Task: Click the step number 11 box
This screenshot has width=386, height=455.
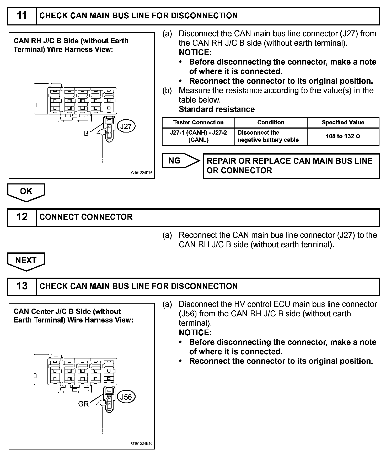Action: (22, 16)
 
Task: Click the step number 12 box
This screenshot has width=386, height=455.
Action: (22, 217)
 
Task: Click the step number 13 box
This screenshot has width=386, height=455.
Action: (22, 286)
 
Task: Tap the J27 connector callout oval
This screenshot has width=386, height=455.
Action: (126, 126)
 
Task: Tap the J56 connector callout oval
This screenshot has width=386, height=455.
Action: (126, 397)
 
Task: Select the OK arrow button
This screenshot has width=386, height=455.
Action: (26, 192)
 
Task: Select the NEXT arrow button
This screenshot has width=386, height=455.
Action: (26, 261)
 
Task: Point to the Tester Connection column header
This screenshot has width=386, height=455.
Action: (198, 123)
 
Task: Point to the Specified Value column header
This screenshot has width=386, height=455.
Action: (343, 123)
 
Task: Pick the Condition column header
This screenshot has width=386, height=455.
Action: (271, 123)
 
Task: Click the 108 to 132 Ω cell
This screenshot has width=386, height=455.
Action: (343, 136)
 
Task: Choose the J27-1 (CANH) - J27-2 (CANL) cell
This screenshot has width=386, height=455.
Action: (198, 136)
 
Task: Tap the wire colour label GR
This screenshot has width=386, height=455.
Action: (83, 404)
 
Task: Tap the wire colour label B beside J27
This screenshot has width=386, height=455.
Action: (86, 134)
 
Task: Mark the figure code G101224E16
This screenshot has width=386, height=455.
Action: (142, 173)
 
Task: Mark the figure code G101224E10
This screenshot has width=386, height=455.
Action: (142, 444)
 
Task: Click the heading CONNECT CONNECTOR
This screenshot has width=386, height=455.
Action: (86, 217)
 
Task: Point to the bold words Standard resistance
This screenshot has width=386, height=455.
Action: (217, 109)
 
